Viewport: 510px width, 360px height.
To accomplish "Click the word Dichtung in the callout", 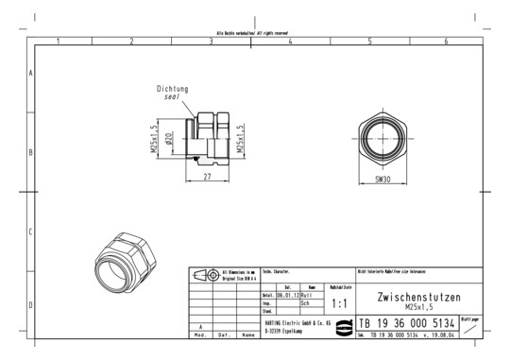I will click(174, 89).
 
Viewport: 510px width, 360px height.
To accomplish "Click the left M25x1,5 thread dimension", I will click(153, 138).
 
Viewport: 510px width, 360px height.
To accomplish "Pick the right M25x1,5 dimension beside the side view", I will click(241, 138).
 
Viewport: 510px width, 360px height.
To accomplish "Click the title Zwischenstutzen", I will click(418, 297).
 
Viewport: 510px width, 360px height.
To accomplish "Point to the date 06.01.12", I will click(287, 295).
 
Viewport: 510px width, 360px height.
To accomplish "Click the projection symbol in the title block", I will click(205, 275).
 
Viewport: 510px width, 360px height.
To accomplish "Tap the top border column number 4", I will click(290, 42).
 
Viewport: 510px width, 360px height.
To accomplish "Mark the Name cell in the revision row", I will click(247, 334).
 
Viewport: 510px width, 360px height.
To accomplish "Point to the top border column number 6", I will click(446, 42).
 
